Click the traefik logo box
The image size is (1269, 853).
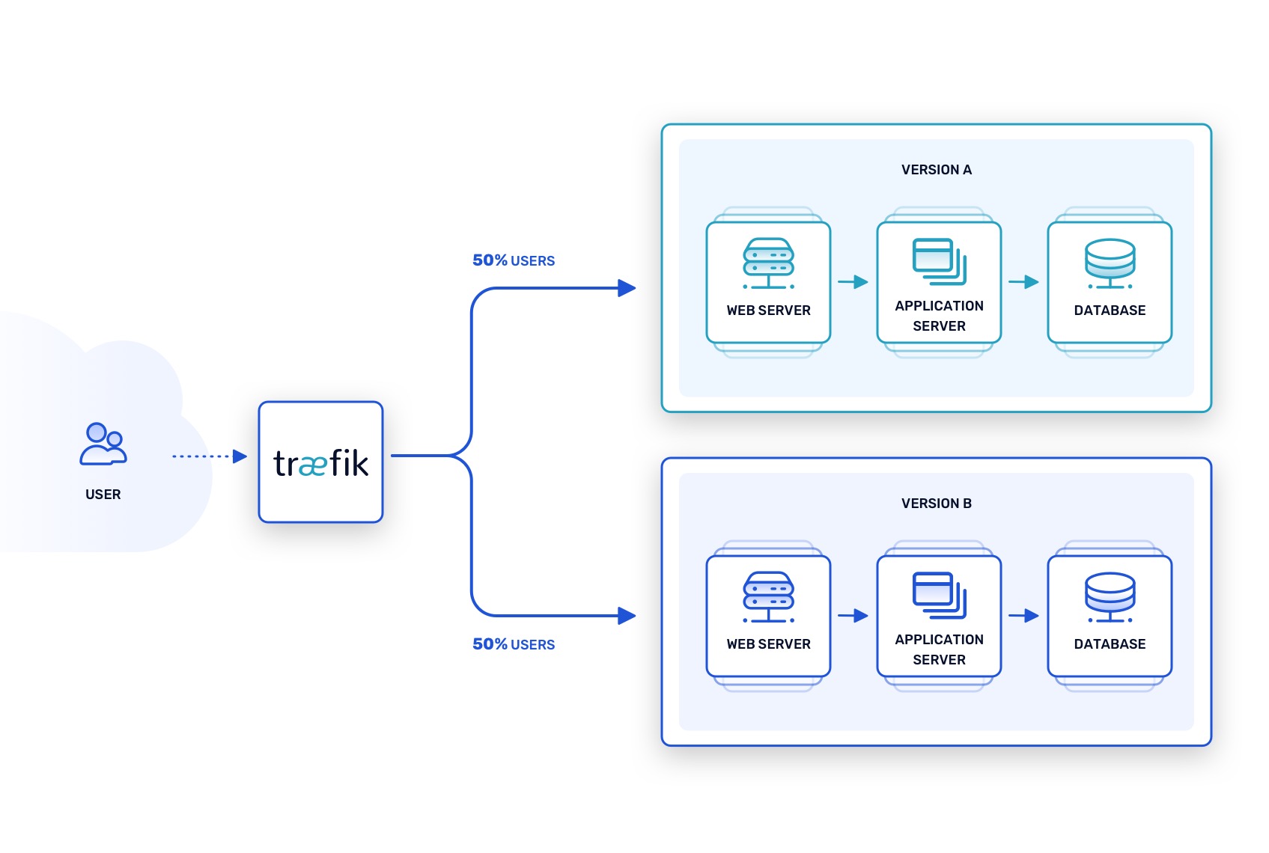(x=320, y=462)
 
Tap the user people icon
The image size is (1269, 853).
(x=103, y=444)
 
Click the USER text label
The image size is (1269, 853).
(x=103, y=495)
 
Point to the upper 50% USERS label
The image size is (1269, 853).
(x=514, y=260)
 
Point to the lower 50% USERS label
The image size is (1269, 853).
(x=514, y=644)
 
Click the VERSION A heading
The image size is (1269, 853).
(x=936, y=170)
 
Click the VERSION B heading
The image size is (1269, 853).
(x=936, y=504)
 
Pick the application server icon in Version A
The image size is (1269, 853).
(x=939, y=261)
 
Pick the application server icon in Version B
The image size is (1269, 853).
(x=939, y=595)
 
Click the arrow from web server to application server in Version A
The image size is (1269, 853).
(x=853, y=282)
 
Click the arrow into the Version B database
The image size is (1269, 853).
(x=1023, y=616)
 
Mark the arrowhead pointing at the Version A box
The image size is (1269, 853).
(x=627, y=288)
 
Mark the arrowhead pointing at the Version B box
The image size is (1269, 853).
(x=627, y=616)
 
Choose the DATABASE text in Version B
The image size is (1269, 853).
(x=1110, y=644)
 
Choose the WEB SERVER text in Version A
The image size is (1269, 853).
(x=768, y=311)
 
